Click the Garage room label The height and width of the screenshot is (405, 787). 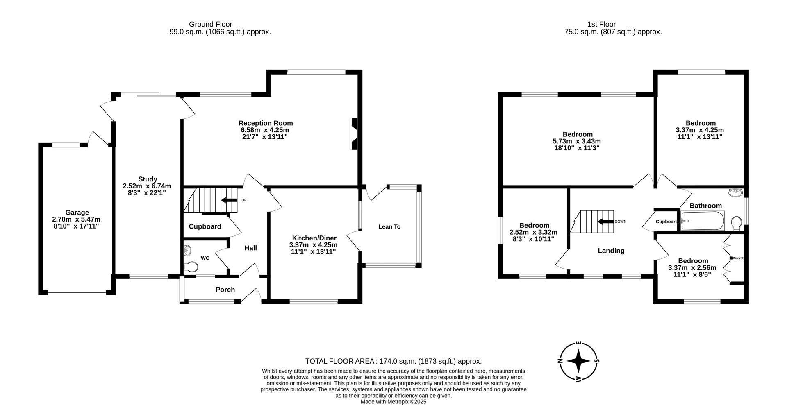(77, 213)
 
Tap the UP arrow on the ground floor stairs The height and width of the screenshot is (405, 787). (229, 200)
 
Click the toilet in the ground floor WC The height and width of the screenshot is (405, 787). (191, 267)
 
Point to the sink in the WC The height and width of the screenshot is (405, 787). (188, 249)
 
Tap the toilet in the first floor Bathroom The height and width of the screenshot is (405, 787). (736, 223)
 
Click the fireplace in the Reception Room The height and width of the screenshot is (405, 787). (353, 134)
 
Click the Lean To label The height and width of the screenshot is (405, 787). (389, 226)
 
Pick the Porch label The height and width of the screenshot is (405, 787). (225, 290)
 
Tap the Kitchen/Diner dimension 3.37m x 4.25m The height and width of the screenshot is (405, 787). (314, 245)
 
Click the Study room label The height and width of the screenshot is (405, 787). (148, 179)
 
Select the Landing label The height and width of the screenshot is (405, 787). (611, 251)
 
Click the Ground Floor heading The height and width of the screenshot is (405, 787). (210, 24)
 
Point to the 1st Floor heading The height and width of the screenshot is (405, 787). (601, 24)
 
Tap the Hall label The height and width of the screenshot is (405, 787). (250, 248)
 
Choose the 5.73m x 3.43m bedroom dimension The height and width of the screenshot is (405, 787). (577, 141)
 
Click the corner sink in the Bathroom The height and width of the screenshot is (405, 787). (736, 192)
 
